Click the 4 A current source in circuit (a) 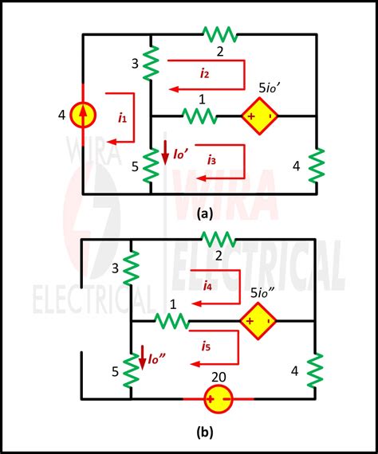coord(83,115)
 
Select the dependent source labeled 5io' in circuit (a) coord(260,115)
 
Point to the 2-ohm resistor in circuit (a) coord(219,34)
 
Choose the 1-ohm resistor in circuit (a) coord(199,116)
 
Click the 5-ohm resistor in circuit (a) coord(151,163)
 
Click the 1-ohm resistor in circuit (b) coord(171,321)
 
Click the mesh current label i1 coord(122,117)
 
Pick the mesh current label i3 coord(211,160)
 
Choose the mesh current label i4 coord(207,284)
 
